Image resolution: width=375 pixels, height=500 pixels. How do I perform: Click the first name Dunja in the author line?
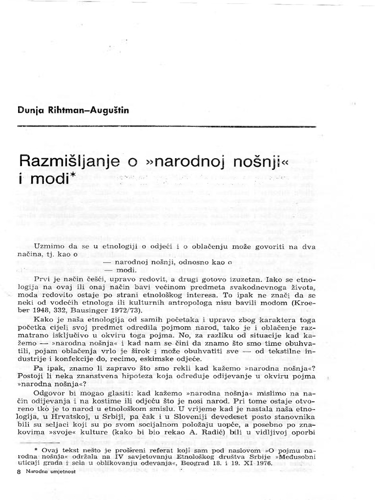[x=29, y=111]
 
